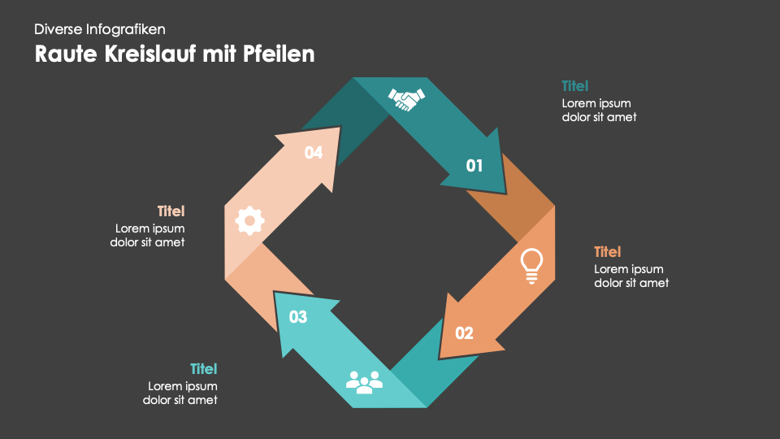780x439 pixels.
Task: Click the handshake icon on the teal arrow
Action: coord(406,99)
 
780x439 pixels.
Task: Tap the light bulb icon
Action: coord(531,266)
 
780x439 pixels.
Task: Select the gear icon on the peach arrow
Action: coord(249,219)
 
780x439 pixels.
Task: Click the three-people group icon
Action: coord(364,380)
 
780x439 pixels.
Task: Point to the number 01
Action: coord(474,166)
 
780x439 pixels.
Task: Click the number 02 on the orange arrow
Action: coord(464,333)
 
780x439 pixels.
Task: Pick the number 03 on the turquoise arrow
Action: coord(298,317)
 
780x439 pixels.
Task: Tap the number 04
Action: coord(314,152)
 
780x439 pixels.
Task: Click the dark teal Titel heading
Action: coord(575,85)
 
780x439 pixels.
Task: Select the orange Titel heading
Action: coord(608,251)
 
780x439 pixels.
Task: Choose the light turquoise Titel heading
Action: coord(204,368)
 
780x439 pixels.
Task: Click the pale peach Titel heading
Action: coord(171,211)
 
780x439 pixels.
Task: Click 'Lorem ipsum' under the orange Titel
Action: coord(629,269)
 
